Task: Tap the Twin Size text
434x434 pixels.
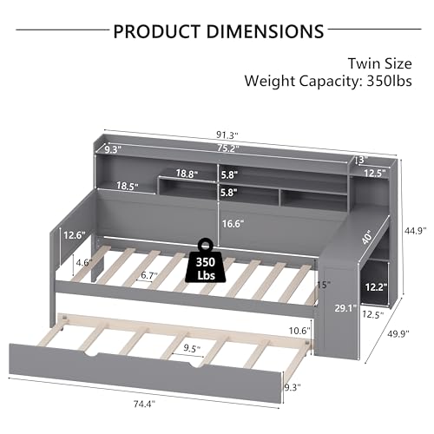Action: click(381, 63)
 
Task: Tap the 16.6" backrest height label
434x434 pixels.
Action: click(231, 223)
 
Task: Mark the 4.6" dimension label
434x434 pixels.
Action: click(83, 261)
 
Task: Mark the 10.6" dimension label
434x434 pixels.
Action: click(299, 330)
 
